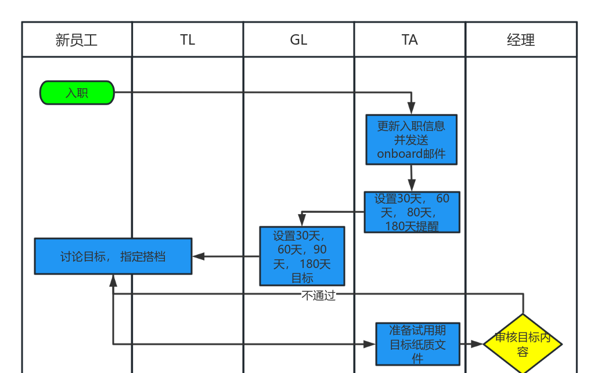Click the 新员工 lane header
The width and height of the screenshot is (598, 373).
[x=77, y=40]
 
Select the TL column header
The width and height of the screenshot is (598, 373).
[x=188, y=40]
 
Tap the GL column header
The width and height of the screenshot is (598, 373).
[x=298, y=40]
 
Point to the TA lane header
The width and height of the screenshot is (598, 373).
[x=409, y=40]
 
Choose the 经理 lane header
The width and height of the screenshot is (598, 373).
[x=521, y=40]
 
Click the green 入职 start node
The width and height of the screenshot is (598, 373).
[x=77, y=93]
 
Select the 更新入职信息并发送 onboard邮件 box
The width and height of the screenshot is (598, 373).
[x=411, y=140]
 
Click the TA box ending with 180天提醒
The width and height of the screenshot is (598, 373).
[x=412, y=212]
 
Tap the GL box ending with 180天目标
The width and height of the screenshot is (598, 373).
[x=302, y=256]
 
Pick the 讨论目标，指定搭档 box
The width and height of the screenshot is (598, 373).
[x=113, y=256]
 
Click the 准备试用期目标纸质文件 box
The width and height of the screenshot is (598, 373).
[x=417, y=344]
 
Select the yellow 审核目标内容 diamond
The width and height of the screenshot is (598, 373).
[x=523, y=344]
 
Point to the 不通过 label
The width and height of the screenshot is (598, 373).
[x=318, y=295]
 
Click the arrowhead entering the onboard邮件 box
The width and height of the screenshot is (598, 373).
[x=411, y=108]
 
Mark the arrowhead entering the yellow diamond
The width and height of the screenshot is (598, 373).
[x=477, y=344]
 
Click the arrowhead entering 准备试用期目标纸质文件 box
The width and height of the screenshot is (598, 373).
[x=369, y=344]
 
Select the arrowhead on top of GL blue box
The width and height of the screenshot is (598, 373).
[x=302, y=220]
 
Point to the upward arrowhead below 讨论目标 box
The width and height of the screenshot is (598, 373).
[x=113, y=281]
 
